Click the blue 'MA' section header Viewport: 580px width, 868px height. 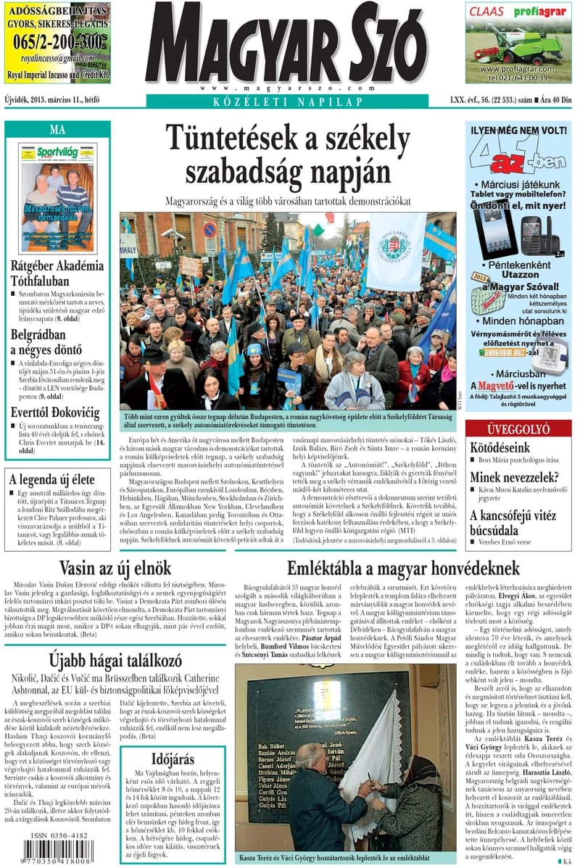coord(57,130)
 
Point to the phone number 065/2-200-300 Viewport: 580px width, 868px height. coord(57,42)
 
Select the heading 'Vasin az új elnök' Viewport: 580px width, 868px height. coord(115,568)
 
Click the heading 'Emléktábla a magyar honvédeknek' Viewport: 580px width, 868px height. coord(402,568)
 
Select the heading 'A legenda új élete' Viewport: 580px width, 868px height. coord(51,479)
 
